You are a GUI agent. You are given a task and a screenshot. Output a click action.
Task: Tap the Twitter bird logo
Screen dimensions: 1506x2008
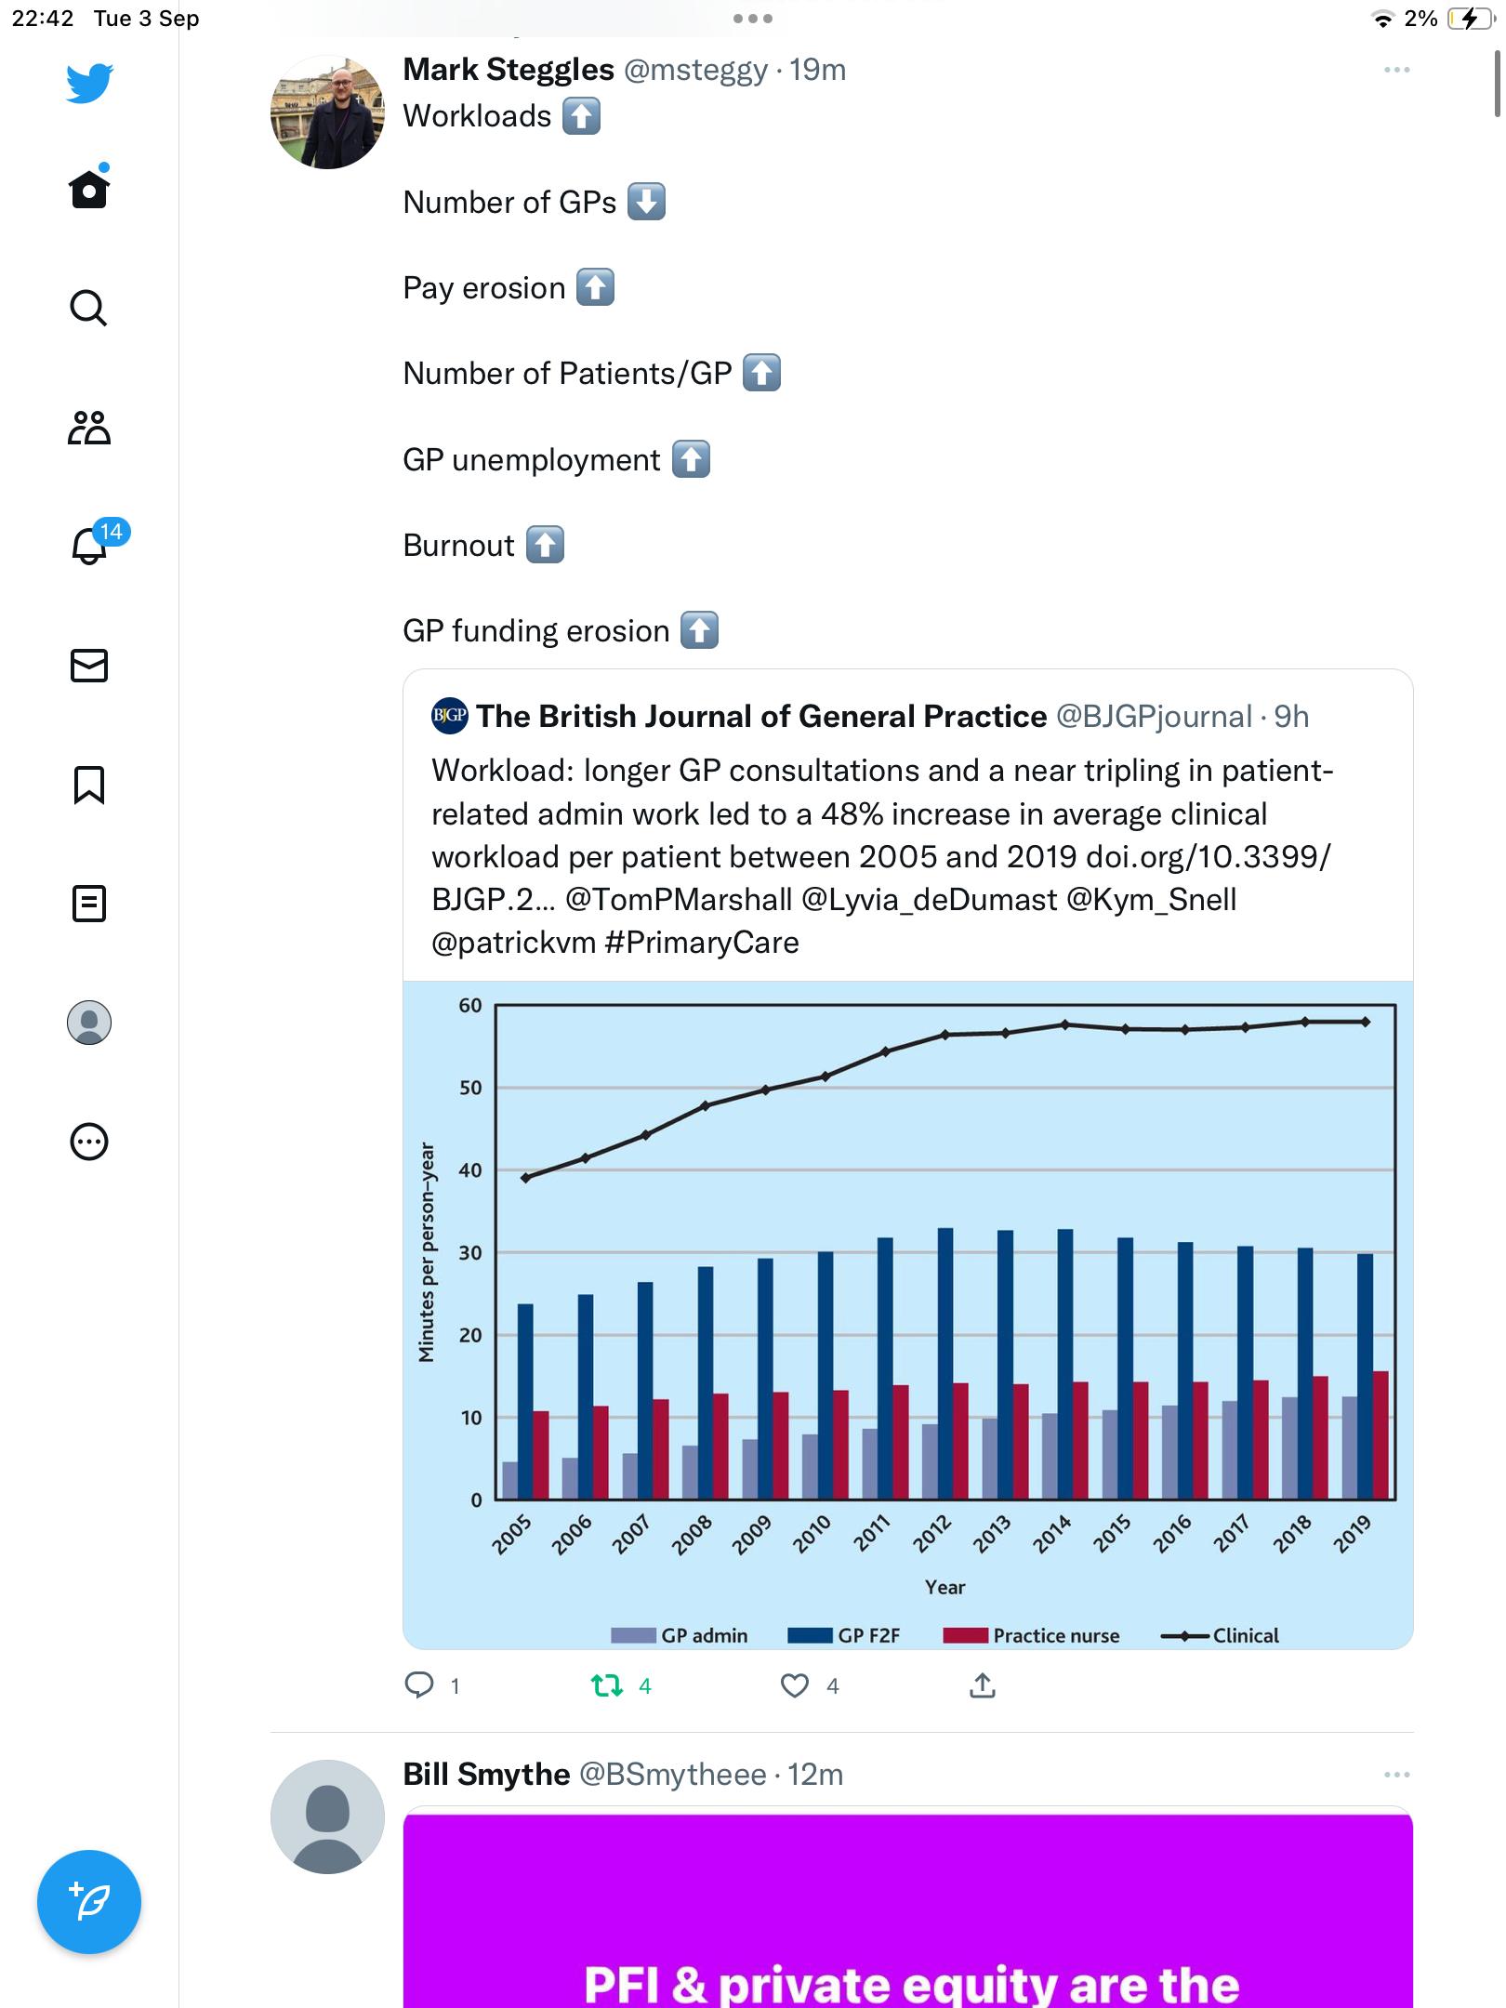[89, 83]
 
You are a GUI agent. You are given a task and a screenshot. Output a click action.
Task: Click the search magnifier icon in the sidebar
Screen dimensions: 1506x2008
[88, 308]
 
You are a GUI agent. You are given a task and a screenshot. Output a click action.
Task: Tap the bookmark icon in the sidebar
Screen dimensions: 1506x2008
[89, 785]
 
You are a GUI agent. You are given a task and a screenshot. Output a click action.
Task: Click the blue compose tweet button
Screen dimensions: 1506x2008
[89, 1902]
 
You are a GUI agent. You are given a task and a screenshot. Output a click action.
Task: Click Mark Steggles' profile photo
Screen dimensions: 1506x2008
[327, 112]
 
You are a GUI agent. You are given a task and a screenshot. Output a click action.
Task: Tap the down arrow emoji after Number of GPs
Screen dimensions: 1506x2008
[646, 202]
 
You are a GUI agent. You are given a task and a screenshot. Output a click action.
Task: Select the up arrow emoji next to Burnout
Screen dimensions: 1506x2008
[545, 545]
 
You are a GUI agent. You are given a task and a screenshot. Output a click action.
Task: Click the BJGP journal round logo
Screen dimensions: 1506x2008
[450, 716]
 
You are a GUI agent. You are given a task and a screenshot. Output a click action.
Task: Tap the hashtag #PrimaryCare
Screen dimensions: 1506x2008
[702, 943]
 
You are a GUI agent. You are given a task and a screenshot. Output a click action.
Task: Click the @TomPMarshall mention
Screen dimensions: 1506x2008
[679, 900]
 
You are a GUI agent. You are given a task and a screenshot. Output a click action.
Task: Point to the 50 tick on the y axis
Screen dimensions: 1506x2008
[470, 1088]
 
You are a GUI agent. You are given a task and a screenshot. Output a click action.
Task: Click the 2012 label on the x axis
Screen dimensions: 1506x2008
[931, 1534]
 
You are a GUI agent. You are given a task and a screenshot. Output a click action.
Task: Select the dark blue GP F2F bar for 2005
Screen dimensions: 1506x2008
[525, 1402]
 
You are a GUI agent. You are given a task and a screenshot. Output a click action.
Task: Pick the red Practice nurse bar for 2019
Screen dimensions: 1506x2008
[1380, 1435]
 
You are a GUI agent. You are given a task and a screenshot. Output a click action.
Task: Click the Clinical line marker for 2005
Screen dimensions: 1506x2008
[525, 1178]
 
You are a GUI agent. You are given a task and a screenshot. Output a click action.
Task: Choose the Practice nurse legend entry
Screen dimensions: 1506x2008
[1031, 1635]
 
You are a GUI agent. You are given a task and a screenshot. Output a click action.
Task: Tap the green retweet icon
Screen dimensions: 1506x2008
[607, 1685]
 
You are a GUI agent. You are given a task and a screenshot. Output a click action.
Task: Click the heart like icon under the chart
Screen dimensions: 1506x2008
[795, 1685]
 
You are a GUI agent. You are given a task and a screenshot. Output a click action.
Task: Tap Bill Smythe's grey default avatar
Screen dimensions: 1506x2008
[327, 1816]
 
